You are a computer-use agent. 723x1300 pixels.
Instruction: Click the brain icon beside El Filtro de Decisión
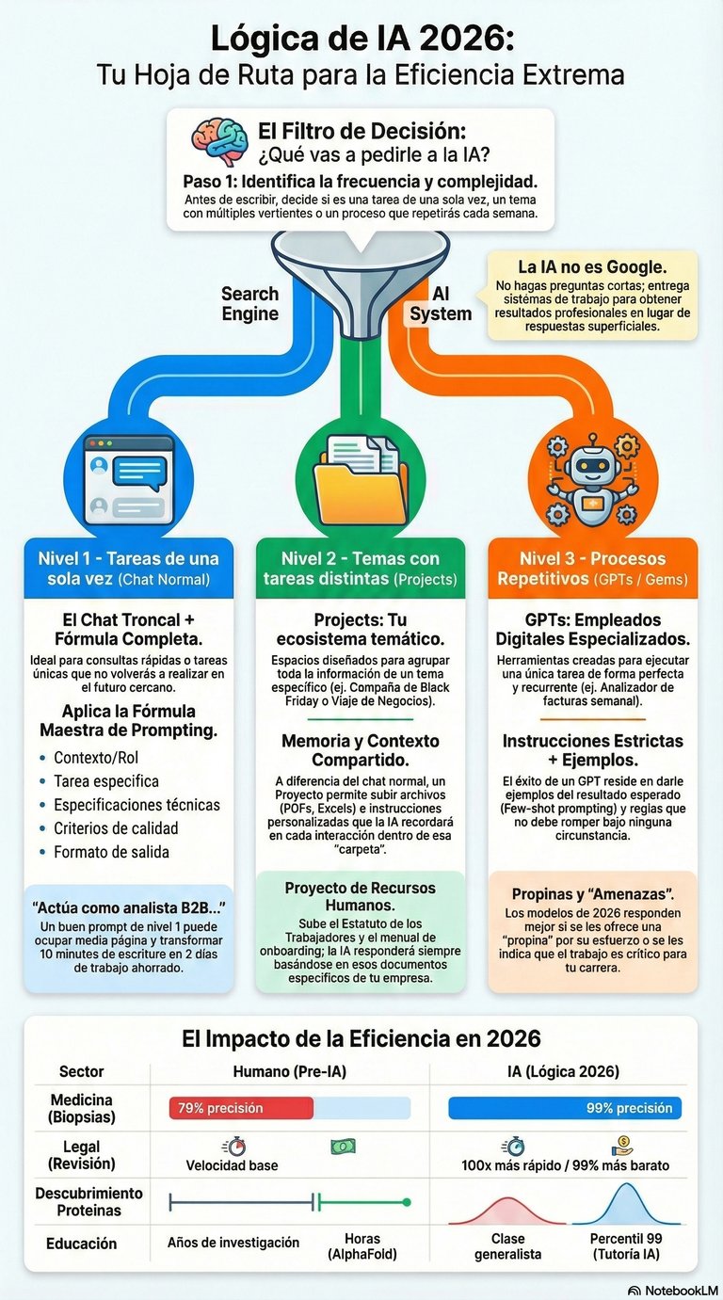[219, 141]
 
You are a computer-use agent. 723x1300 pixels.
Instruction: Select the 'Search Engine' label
[250, 304]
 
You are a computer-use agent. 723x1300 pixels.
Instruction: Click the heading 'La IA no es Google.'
[592, 266]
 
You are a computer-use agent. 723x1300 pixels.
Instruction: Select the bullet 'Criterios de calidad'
[115, 828]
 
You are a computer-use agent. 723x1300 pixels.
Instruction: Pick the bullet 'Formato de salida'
[111, 852]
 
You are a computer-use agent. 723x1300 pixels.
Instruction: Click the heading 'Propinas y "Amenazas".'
[592, 894]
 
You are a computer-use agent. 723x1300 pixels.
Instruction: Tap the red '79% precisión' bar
[240, 1108]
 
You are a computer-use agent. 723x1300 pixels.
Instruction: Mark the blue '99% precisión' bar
[565, 1108]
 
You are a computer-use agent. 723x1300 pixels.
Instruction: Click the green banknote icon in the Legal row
[343, 1146]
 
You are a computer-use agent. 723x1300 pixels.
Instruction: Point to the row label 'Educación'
[82, 1244]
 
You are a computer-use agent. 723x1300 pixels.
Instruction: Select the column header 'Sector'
[82, 1071]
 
